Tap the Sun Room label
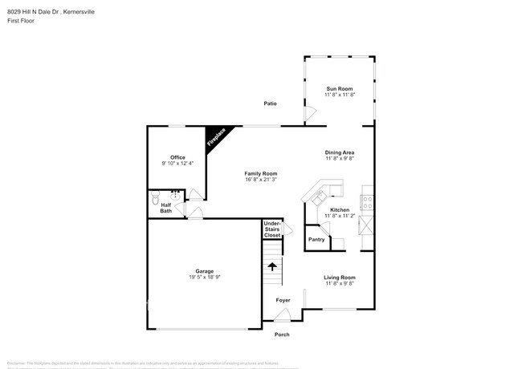pos(339,88)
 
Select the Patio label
pos(271,103)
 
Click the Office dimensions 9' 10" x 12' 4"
pos(177,164)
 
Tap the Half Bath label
pos(165,208)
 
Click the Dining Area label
pos(339,152)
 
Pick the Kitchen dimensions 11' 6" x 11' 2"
pos(339,216)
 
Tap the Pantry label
pos(316,239)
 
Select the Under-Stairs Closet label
pos(272,229)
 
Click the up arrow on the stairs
pos(272,266)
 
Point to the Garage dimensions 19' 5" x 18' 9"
pos(204,277)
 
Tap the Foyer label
pos(283,300)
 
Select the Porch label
pos(282,335)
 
